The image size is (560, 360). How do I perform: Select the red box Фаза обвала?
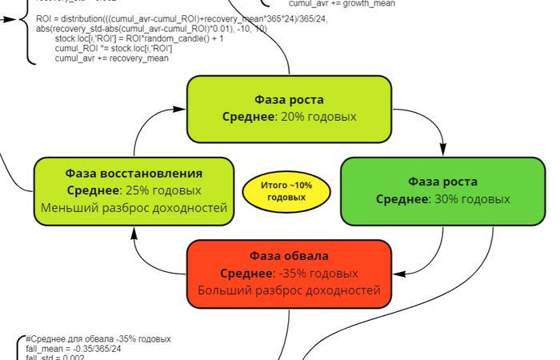point(289,272)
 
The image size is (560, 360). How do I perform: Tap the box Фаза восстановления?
point(134,190)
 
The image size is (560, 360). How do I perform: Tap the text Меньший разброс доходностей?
point(134,208)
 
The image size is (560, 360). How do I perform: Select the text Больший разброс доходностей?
point(289,290)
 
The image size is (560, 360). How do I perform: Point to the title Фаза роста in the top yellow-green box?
point(289,100)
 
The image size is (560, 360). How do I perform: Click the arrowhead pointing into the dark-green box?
point(444,152)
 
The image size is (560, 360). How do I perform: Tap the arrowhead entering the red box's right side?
point(397,273)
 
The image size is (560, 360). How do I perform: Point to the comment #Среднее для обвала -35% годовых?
point(98,339)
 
